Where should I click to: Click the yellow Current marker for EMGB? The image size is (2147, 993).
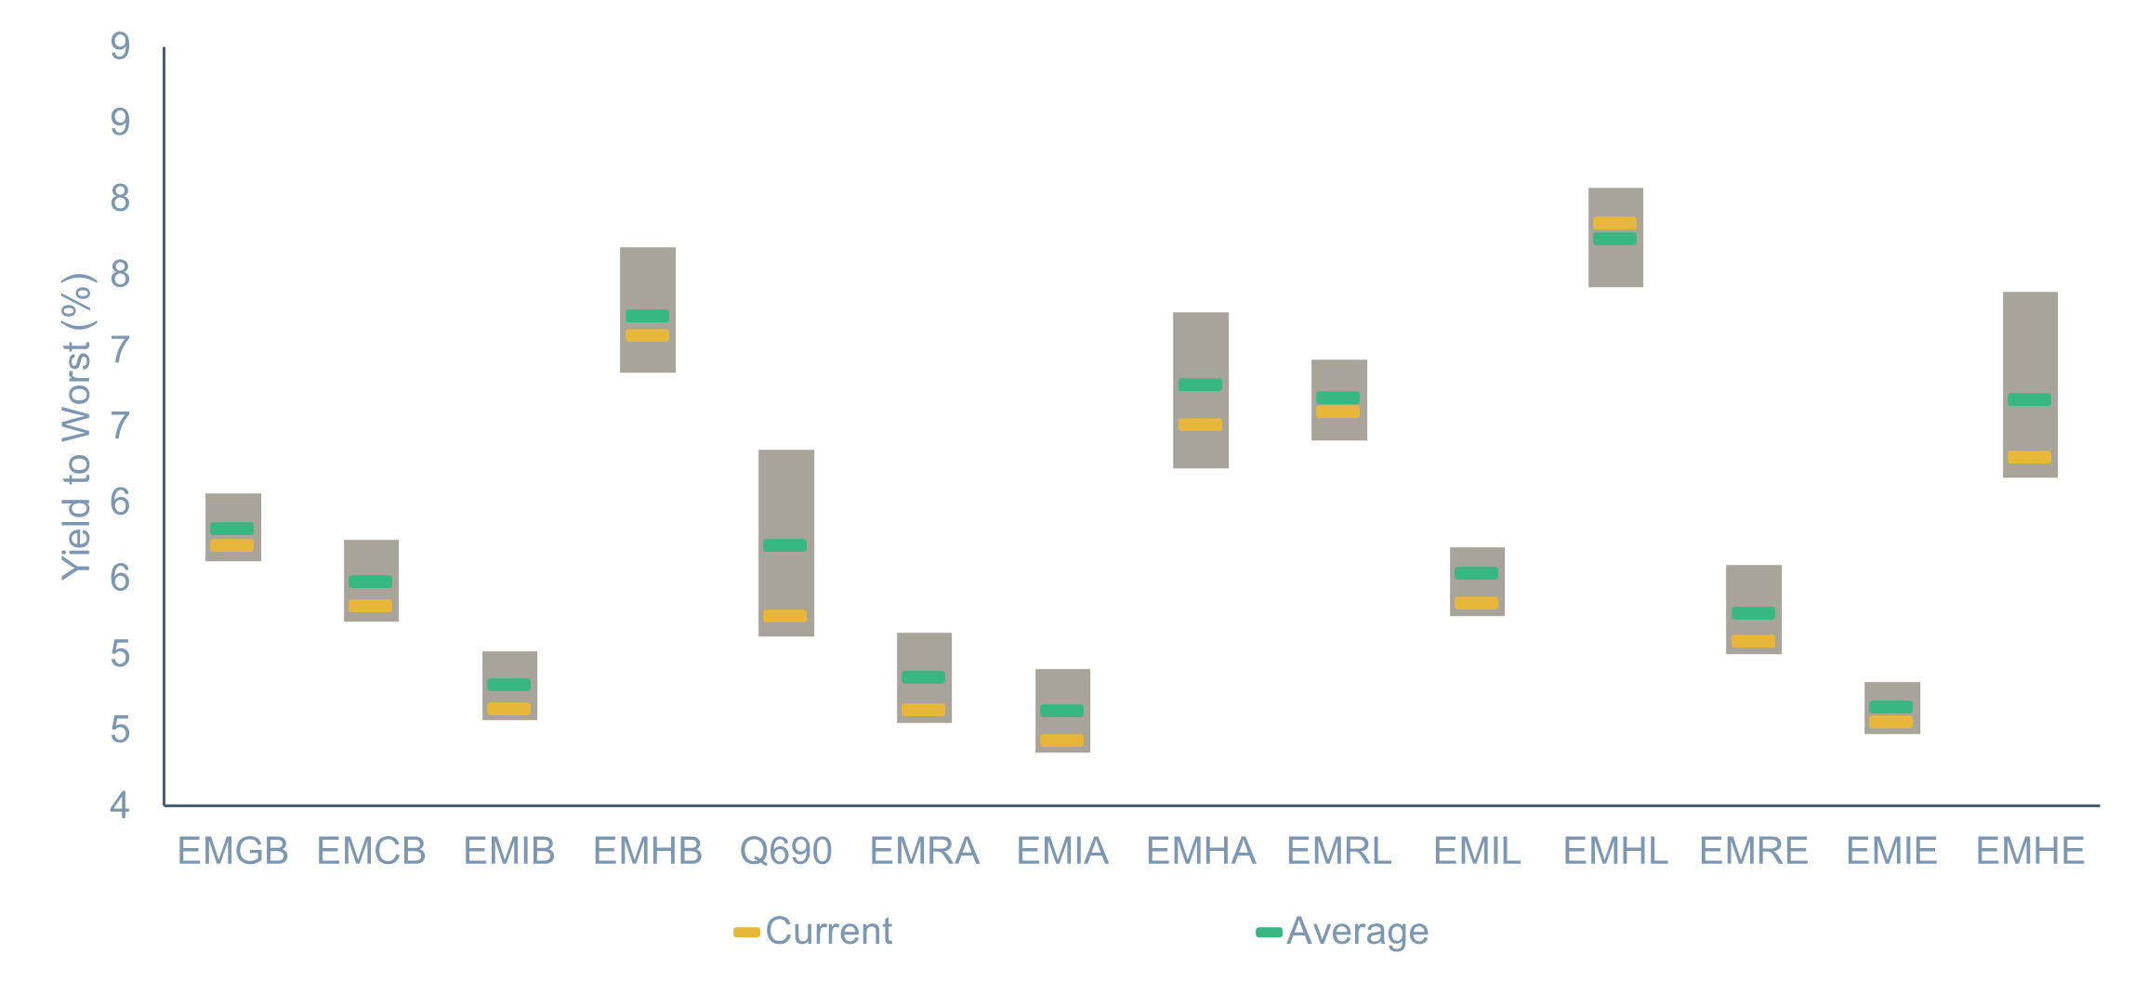[232, 545]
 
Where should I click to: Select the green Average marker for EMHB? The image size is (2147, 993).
[648, 316]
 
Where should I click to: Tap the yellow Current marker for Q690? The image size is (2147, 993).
[785, 616]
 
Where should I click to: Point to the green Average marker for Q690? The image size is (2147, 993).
[785, 545]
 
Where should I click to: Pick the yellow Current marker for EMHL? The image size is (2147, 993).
[1615, 223]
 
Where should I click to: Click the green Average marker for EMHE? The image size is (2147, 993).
[2030, 399]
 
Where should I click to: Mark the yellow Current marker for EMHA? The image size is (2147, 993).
[1201, 425]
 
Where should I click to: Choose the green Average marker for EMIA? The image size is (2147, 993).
[1062, 711]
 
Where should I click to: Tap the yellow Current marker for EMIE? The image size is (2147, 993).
[1891, 722]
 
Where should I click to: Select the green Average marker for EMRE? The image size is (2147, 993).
[1754, 613]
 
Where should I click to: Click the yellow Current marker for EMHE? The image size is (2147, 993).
[2030, 457]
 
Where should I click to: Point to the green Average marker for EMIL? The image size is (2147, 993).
[1477, 573]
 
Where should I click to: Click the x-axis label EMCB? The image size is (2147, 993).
[372, 851]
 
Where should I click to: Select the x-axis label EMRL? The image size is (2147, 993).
[1339, 851]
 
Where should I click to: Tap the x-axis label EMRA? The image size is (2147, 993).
[925, 851]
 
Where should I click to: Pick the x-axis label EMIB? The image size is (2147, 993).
[509, 851]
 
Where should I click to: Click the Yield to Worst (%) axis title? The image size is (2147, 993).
[77, 427]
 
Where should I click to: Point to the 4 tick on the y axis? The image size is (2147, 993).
[120, 805]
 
